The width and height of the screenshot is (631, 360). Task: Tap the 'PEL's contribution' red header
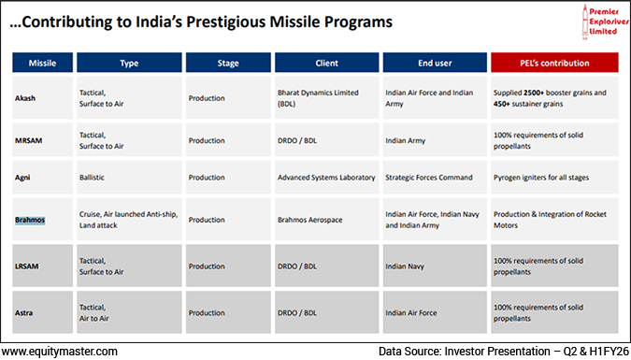554,63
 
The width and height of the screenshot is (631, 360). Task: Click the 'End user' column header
436,63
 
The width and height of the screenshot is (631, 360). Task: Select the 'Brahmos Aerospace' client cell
313,220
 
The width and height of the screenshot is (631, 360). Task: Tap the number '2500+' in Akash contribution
536,93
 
